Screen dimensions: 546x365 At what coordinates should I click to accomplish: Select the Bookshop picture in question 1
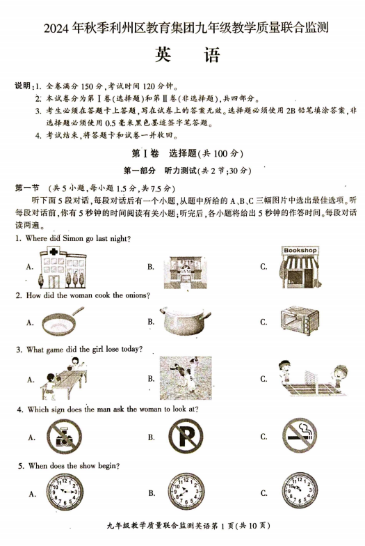(x=300, y=266)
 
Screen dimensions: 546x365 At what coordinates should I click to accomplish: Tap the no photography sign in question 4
(x=63, y=437)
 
